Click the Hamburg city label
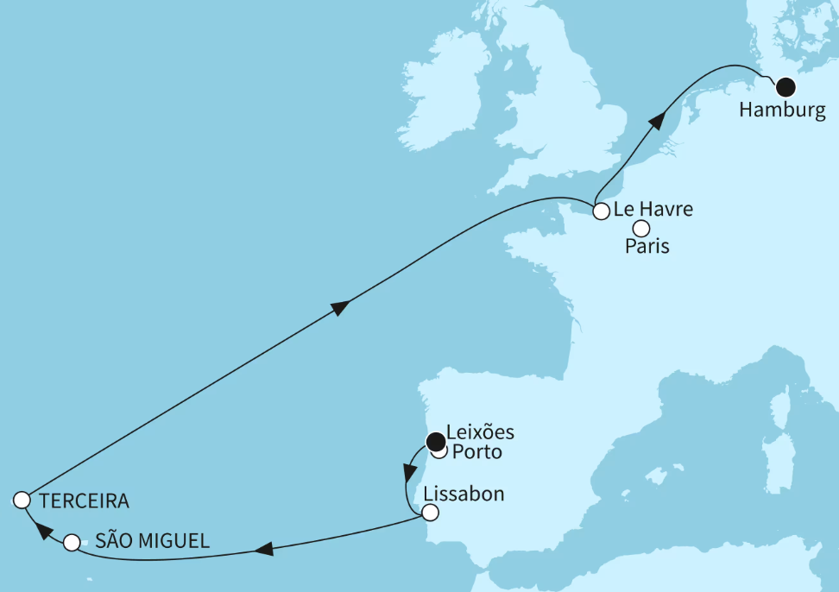[782, 110]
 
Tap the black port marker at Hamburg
[785, 86]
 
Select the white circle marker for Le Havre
[601, 210]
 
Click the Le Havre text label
[653, 209]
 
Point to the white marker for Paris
[641, 229]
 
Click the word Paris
[647, 247]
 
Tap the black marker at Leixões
[436, 441]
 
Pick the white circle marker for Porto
[439, 452]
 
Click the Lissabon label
[464, 495]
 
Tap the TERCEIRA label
[84, 501]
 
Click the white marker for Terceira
[23, 500]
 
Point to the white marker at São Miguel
[72, 543]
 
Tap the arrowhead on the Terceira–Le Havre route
[341, 307]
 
